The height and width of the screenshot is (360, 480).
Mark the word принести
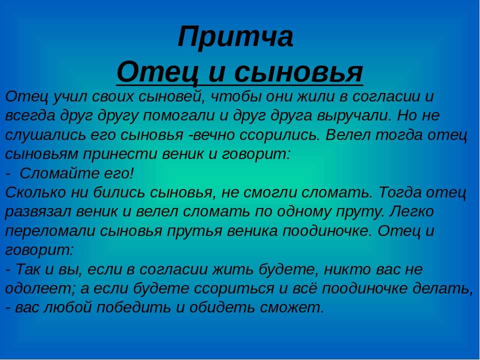pos(119,154)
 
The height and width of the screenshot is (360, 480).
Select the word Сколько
pos(35,192)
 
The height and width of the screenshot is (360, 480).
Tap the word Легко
pos(411,211)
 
